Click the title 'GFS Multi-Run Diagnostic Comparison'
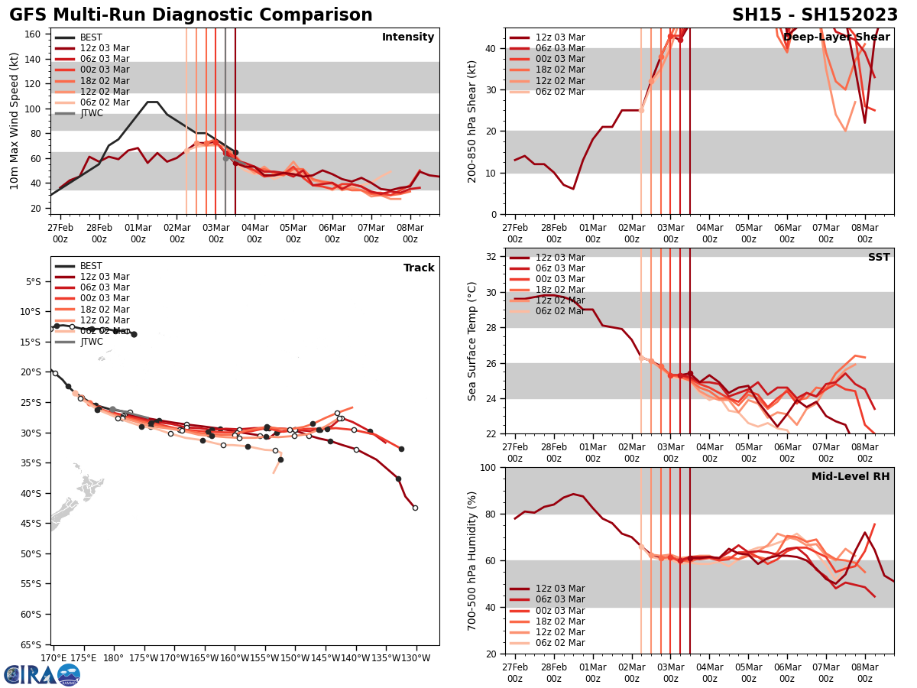tap(191, 15)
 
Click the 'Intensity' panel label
tap(408, 37)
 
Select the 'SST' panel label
tap(879, 258)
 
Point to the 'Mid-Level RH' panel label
tap(851, 477)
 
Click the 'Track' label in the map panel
tap(419, 268)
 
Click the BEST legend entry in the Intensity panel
tap(91, 37)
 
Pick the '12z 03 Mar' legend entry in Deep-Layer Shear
tap(560, 37)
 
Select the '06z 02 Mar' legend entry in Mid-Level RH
tap(560, 643)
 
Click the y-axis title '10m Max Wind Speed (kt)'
tap(15, 121)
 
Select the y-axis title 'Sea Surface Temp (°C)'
tap(472, 341)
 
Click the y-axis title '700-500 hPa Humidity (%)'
tap(472, 560)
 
